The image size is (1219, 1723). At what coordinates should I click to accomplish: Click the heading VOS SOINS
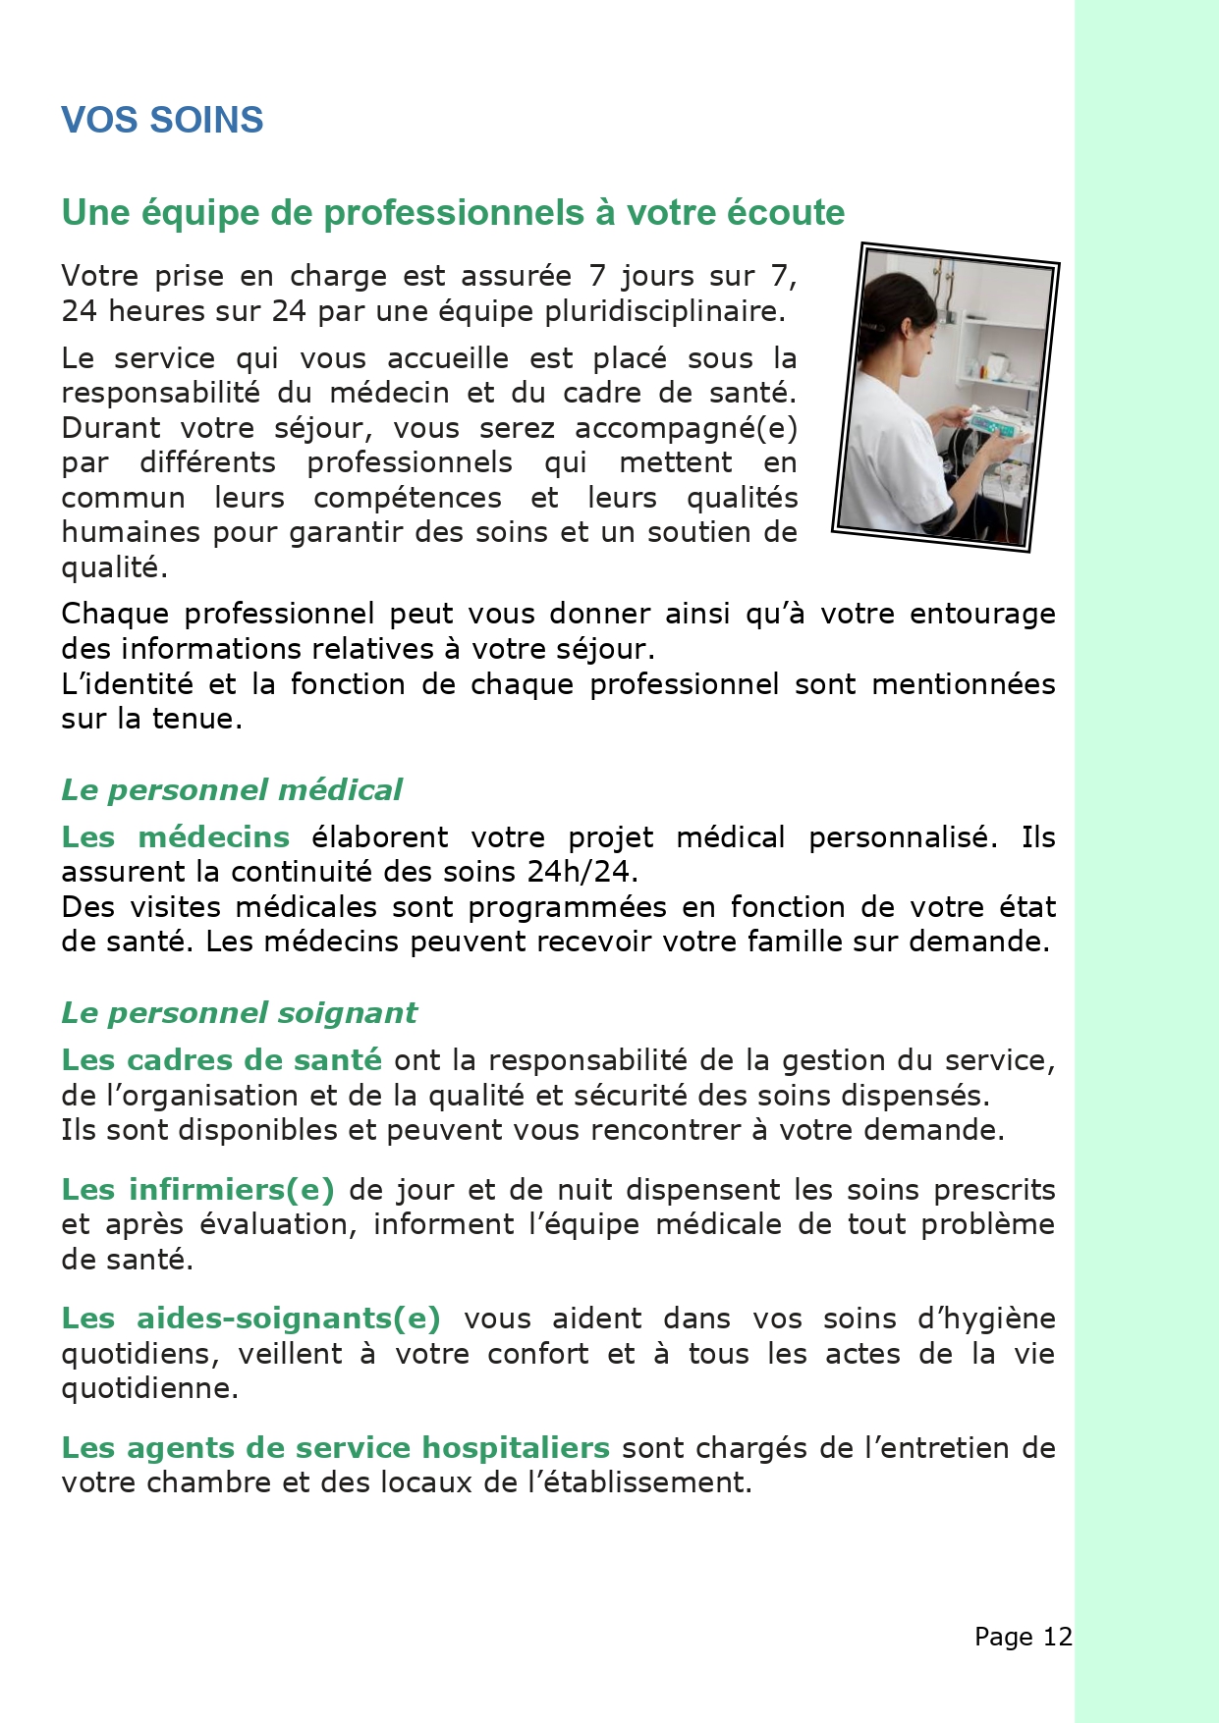point(162,120)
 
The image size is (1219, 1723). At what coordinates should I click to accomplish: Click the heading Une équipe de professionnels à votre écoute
point(453,212)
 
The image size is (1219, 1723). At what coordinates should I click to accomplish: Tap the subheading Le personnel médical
point(232,789)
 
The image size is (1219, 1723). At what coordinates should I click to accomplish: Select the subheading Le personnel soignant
point(239,1012)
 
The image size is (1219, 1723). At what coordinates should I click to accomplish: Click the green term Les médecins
point(175,836)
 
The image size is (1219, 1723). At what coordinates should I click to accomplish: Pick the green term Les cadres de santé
point(221,1059)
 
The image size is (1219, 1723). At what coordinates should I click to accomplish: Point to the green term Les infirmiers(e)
point(197,1189)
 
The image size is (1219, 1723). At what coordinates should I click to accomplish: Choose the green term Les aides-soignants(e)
point(250,1318)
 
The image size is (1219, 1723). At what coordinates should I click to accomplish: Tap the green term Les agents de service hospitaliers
point(335,1447)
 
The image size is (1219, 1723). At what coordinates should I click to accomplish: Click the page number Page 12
point(1023,1637)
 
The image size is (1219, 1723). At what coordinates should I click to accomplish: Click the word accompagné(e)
point(686,428)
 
